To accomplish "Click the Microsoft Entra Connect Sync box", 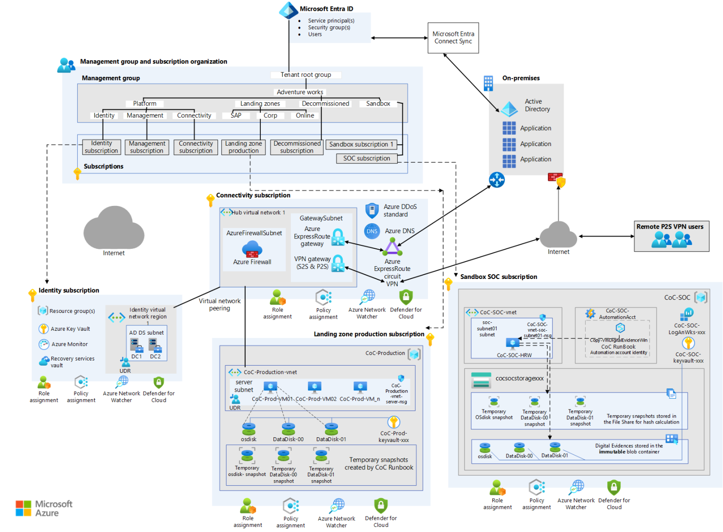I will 453,38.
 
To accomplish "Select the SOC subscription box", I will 367,158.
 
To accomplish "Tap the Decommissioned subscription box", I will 297,147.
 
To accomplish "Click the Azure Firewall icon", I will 252,249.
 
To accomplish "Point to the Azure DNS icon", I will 372,231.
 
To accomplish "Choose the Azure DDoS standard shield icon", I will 372,210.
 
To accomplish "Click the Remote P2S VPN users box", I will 671,236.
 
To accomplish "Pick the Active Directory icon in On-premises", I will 509,109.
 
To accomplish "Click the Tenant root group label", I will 306,75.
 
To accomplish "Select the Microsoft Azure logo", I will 44,508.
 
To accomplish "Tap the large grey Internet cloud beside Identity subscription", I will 113,228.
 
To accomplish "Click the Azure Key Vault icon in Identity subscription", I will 43,328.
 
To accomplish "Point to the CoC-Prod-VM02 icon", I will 314,387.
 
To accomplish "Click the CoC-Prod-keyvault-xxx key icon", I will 394,422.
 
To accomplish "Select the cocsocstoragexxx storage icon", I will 481,380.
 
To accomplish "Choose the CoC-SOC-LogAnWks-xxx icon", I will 687,314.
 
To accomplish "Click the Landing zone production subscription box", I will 243,147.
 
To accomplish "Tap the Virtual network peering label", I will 219,304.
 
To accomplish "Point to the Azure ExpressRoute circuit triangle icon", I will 392,246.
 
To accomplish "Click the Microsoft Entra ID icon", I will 288,10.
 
